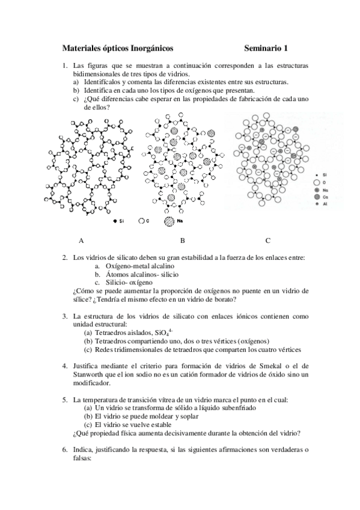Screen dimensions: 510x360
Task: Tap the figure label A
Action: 81,241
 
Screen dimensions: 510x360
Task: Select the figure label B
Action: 182,241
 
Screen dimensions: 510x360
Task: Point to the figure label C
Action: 267,241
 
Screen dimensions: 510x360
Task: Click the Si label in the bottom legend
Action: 121,221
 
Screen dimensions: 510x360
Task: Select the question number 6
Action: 65,449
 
